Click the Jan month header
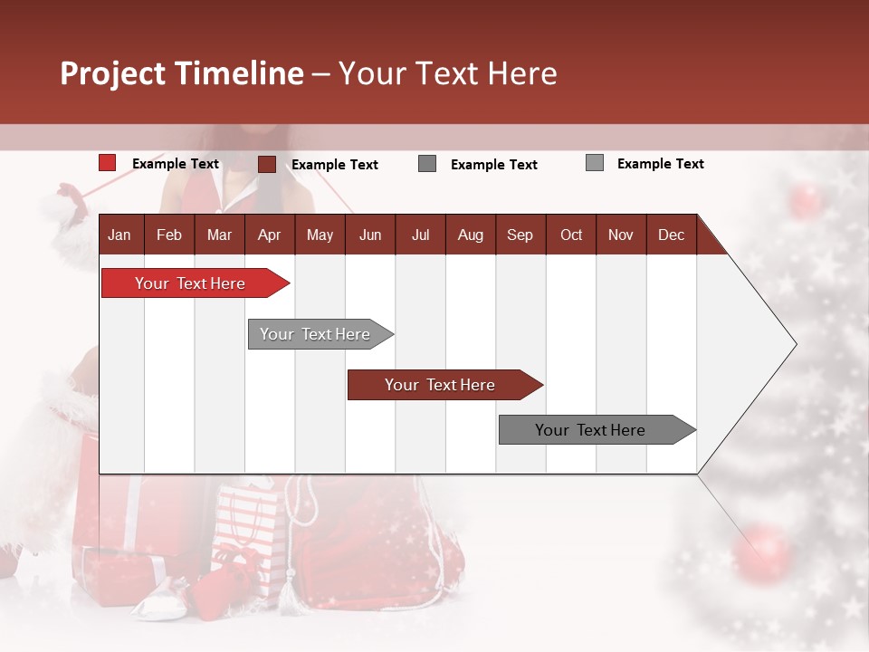pos(119,235)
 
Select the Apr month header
pos(269,235)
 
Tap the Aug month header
pos(470,235)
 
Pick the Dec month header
pos(671,235)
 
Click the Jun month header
pos(369,235)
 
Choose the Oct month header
pos(571,235)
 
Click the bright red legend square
pos(107,163)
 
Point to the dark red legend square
pos(266,164)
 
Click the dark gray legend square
pos(427,164)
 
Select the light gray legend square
pos(594,163)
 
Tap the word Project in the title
pos(112,73)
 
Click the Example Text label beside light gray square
pos(660,164)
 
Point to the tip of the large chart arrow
pos(794,344)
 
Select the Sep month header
pos(520,235)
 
